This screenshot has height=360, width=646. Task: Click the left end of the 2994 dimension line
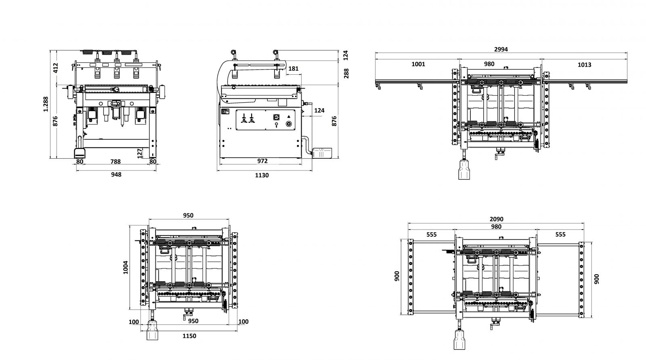(x=375, y=53)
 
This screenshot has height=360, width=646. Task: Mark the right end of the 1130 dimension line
(x=312, y=171)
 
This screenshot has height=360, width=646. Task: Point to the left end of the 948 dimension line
(x=76, y=171)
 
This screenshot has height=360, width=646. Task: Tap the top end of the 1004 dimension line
(x=130, y=226)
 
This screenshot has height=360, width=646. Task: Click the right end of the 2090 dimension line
(x=584, y=223)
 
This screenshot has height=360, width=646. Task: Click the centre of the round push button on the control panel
(x=288, y=124)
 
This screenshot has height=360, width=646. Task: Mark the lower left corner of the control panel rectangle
(x=236, y=130)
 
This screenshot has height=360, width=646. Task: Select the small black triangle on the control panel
(x=289, y=117)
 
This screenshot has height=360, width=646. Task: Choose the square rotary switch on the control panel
(x=276, y=117)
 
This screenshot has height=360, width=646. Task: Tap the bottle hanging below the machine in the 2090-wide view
(x=459, y=339)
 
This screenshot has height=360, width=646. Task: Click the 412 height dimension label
(x=56, y=68)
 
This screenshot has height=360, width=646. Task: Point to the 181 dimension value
(x=293, y=69)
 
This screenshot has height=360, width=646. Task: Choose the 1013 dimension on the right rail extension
(x=584, y=65)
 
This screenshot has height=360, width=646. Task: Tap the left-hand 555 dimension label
(x=432, y=235)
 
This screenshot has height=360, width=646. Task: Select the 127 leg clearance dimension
(x=140, y=153)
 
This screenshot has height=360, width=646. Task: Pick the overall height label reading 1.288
(x=46, y=104)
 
